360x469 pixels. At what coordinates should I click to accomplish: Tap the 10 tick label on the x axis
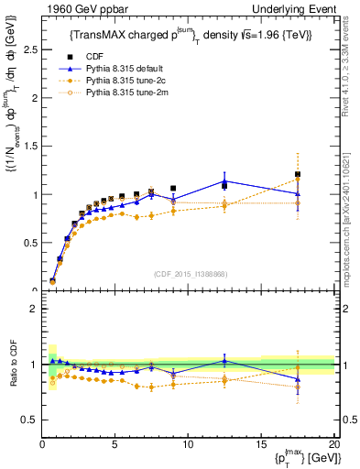pyautogui.click(x=188, y=444)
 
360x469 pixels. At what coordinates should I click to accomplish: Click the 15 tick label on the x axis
pyautogui.click(x=261, y=444)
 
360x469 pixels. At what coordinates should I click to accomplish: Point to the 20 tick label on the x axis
pyautogui.click(x=333, y=444)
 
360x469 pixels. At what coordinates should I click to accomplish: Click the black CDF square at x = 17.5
pyautogui.click(x=298, y=174)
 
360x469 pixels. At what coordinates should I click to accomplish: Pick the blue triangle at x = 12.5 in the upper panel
pyautogui.click(x=224, y=181)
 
